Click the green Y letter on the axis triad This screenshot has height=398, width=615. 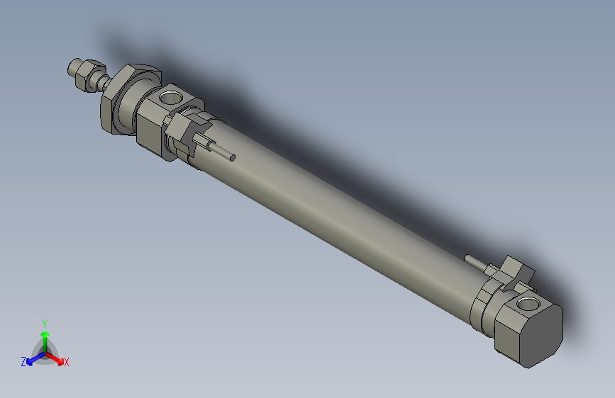[x=44, y=323]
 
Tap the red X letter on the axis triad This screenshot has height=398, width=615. [x=67, y=363]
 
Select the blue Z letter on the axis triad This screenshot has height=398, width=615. [x=23, y=362]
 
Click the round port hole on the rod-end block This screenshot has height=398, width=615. [x=172, y=96]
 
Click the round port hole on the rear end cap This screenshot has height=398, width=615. [x=526, y=305]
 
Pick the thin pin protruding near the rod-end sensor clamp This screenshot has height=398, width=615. [x=223, y=152]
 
